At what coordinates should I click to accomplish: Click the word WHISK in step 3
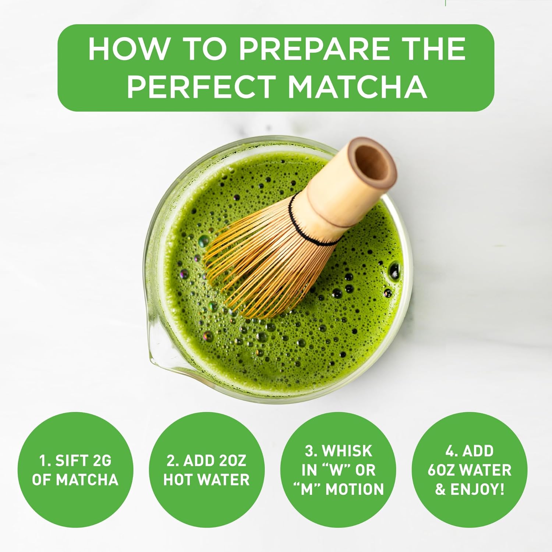347,451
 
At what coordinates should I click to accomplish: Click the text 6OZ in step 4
441,470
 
